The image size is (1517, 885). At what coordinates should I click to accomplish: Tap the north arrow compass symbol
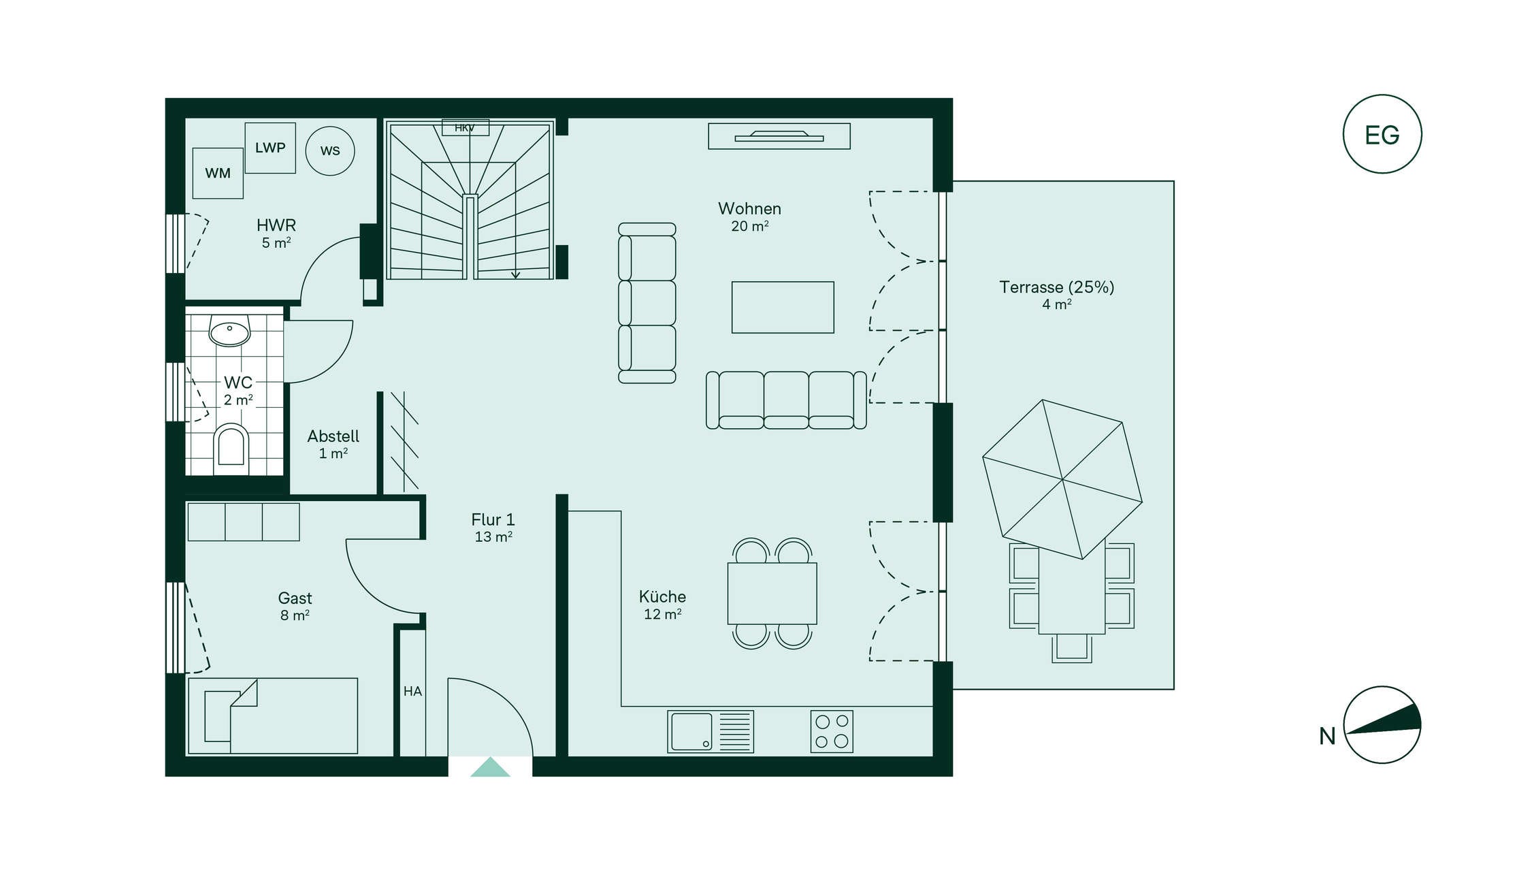pyautogui.click(x=1382, y=724)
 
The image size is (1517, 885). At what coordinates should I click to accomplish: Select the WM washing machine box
pyautogui.click(x=218, y=173)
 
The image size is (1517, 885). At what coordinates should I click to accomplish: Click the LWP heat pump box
pyautogui.click(x=270, y=148)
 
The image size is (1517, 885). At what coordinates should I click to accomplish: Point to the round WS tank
pyautogui.click(x=330, y=150)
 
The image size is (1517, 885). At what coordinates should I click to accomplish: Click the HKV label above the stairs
pyautogui.click(x=465, y=128)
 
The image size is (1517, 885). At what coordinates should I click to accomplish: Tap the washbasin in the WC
pyautogui.click(x=229, y=331)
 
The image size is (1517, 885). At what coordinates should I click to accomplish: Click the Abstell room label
pyautogui.click(x=333, y=444)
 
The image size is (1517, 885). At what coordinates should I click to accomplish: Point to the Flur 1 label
pyautogui.click(x=493, y=528)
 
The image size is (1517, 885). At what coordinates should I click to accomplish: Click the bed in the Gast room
pyautogui.click(x=273, y=715)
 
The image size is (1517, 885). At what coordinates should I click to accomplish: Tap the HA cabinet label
pyautogui.click(x=412, y=692)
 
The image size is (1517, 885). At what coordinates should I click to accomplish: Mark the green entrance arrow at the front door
pyautogui.click(x=490, y=767)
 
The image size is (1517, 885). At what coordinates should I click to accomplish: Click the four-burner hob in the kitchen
pyautogui.click(x=832, y=732)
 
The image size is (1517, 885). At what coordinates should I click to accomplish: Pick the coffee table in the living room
pyautogui.click(x=783, y=307)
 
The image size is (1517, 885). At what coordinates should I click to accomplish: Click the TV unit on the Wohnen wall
pyautogui.click(x=779, y=136)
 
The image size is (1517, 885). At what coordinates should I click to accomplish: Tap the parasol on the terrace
pyautogui.click(x=1062, y=479)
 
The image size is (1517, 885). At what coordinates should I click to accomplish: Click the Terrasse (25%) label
pyautogui.click(x=1056, y=287)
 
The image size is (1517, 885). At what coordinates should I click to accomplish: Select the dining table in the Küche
pyautogui.click(x=772, y=593)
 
